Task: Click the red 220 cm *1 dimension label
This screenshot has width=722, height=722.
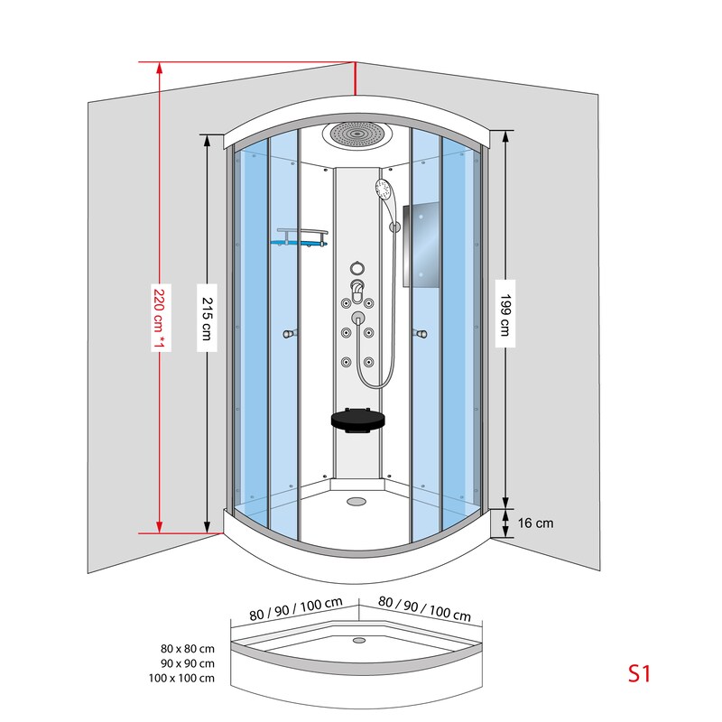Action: coord(160,318)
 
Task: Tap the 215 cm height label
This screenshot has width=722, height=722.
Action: coord(208,319)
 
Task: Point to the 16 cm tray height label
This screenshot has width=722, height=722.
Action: coord(535,523)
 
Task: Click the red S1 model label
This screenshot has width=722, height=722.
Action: coord(640,673)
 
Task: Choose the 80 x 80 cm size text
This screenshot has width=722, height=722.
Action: coord(188,649)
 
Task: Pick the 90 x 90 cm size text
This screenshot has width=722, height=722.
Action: coord(188,663)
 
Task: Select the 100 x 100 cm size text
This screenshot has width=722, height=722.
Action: coord(181,679)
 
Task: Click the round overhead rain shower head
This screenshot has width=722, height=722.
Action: coord(356,134)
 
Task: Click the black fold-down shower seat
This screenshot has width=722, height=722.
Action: coord(358,421)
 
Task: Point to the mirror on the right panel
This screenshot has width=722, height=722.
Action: coord(421,245)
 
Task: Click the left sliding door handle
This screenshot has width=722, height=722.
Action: coord(290,333)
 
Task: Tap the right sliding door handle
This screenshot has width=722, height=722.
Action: coord(420,333)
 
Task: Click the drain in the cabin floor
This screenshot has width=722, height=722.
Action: coord(356,501)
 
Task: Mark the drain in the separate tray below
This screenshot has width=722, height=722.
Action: coord(359,640)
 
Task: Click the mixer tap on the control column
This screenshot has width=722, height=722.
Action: coord(356,288)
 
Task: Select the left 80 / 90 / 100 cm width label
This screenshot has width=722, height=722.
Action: coord(296,608)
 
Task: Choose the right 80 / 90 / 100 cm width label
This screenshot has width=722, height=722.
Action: coord(424,608)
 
